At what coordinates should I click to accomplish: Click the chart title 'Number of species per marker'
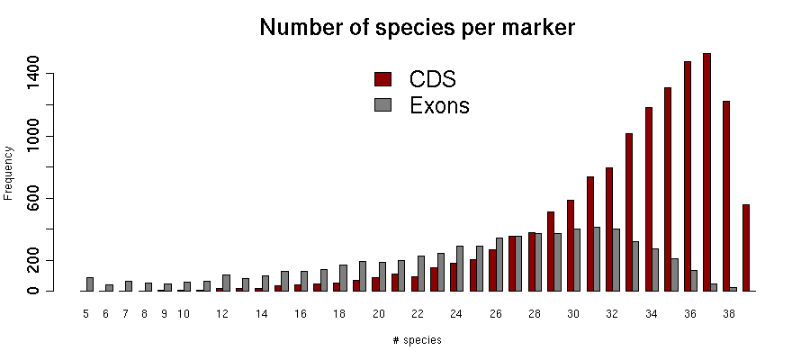pos(417,28)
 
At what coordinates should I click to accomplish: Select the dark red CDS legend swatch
pos(382,79)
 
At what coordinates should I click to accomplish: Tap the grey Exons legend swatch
pos(382,105)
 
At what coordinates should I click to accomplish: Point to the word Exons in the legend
pos(439,105)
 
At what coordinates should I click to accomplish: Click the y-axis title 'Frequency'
pos(8,172)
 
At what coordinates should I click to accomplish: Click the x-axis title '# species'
pos(417,340)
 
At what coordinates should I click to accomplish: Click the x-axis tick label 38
pos(729,314)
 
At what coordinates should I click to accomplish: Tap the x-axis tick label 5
pos(85,314)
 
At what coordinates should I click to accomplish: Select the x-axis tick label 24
pos(456,314)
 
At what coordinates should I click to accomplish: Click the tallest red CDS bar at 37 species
pos(707,171)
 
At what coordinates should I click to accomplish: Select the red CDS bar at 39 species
pos(746,247)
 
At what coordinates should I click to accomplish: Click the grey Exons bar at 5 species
pos(90,284)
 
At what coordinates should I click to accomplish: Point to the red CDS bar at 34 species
pos(649,199)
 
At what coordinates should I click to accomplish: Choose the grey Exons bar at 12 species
pos(227,283)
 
